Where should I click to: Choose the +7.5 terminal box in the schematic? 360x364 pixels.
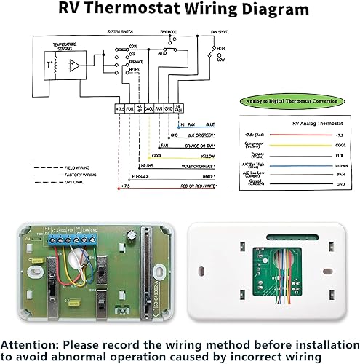pyautogui.click(x=120, y=108)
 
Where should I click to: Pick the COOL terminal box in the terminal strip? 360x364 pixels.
pyautogui.click(x=148, y=108)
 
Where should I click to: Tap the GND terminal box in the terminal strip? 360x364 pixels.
pyautogui.click(x=169, y=108)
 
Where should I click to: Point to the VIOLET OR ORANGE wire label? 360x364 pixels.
pyautogui.click(x=211, y=167)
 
